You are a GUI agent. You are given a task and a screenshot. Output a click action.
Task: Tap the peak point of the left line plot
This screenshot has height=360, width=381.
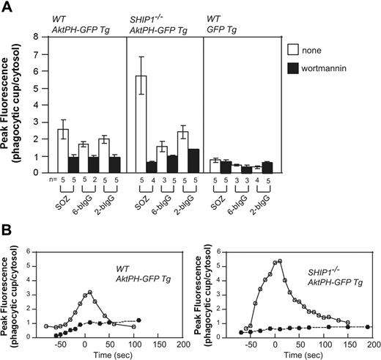point(89,292)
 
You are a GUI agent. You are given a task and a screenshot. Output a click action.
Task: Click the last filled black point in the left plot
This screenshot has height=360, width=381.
point(138,320)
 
